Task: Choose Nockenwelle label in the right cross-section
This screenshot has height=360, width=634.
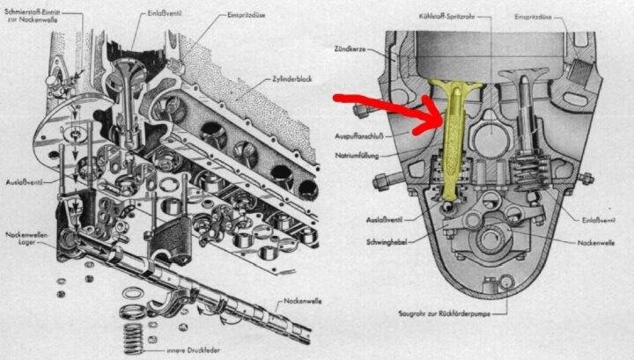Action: tap(598, 240)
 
